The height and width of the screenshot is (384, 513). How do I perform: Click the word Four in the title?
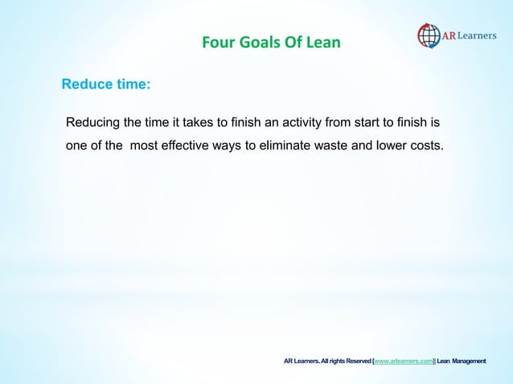pos(215,41)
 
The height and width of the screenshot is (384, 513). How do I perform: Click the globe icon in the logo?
pos(429,36)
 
